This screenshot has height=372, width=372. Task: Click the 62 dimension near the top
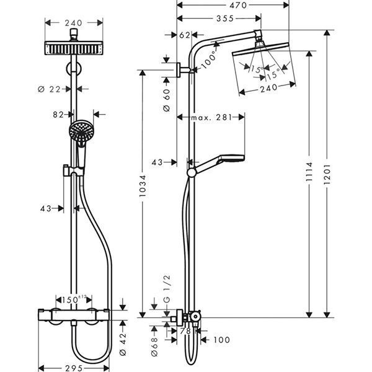tap(184, 36)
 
